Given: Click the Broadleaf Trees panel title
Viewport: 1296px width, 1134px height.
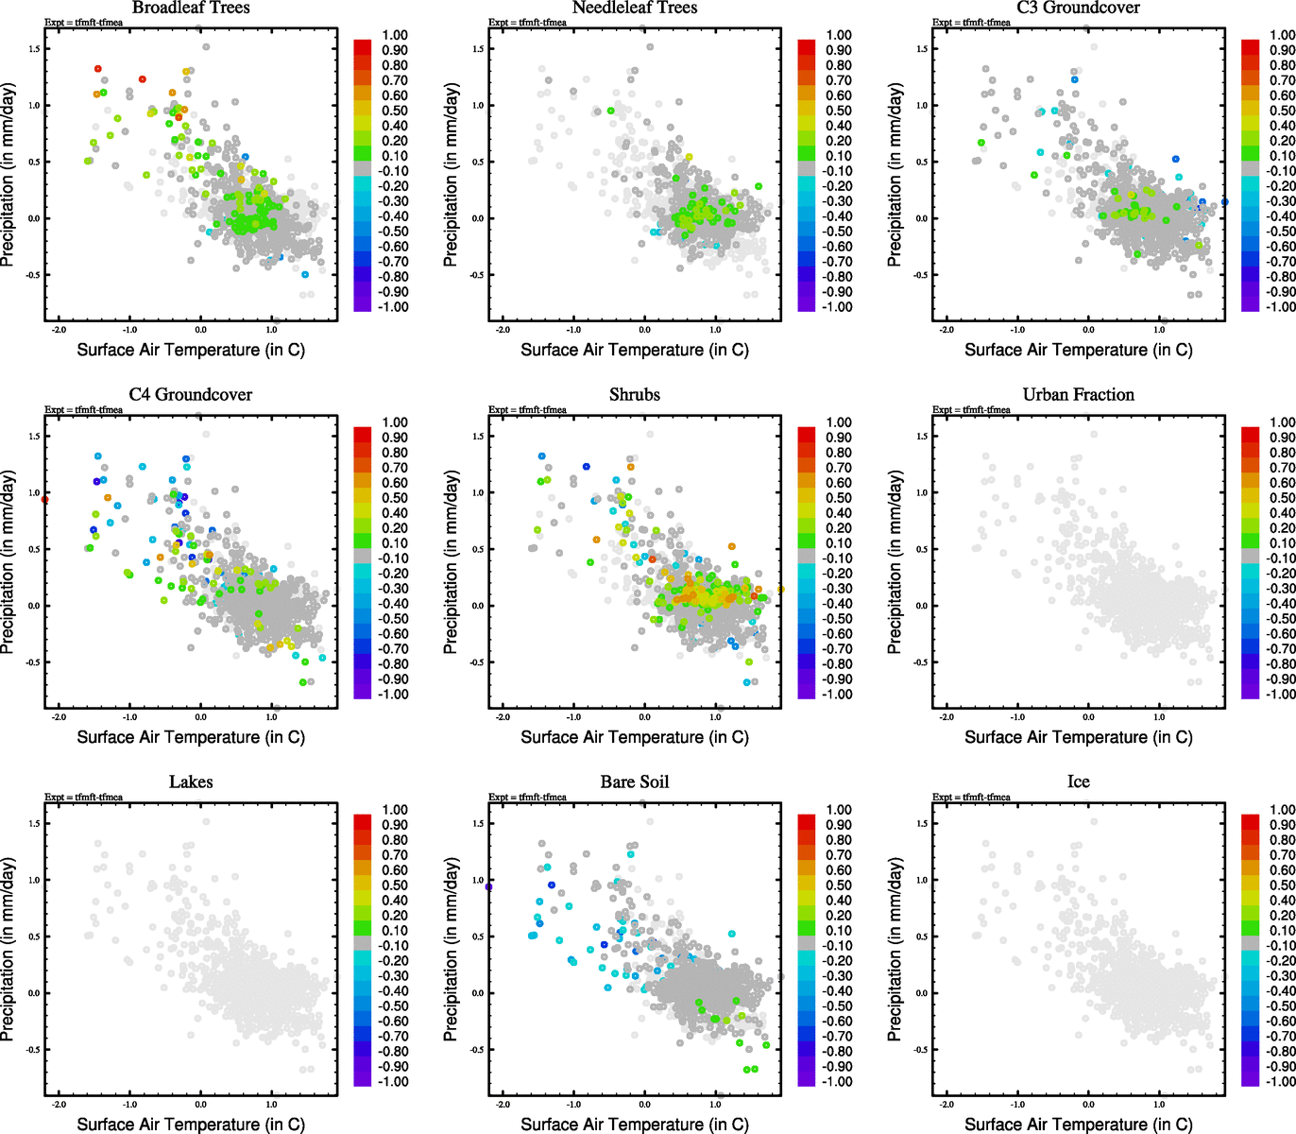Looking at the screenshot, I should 191,9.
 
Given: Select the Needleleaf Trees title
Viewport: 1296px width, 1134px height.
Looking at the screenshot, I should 635,9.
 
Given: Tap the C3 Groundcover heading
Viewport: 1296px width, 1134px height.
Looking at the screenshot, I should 1078,9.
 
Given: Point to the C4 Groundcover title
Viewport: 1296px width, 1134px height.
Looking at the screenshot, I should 191,395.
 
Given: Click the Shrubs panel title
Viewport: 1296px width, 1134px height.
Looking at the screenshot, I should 635,395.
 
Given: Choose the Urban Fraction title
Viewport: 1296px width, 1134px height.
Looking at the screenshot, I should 1078,395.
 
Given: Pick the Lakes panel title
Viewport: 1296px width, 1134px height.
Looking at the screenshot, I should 191,782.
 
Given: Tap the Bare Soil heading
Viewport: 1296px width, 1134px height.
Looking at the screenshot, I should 635,782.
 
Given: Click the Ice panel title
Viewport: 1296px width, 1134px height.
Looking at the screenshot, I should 1078,782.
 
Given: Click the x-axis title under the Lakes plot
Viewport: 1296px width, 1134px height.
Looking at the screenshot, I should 191,1125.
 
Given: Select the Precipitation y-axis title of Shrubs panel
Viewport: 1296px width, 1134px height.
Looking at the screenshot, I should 451,562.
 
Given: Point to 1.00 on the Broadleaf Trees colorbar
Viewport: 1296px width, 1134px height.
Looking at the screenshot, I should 395,35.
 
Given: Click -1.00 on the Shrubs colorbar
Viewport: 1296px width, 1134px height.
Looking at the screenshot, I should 839,695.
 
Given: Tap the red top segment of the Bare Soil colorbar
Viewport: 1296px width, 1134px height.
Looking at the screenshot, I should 807,821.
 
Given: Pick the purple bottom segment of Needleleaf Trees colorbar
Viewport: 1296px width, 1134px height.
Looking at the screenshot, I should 807,302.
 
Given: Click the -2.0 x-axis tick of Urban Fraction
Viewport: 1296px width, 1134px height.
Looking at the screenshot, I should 946,717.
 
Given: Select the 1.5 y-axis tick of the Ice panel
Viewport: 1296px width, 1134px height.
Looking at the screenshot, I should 922,824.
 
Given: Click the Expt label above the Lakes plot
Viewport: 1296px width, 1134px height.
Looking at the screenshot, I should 83,798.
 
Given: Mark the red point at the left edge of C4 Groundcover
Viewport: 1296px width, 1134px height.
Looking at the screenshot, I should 45,499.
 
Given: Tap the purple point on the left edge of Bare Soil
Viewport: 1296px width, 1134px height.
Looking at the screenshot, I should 489,886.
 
